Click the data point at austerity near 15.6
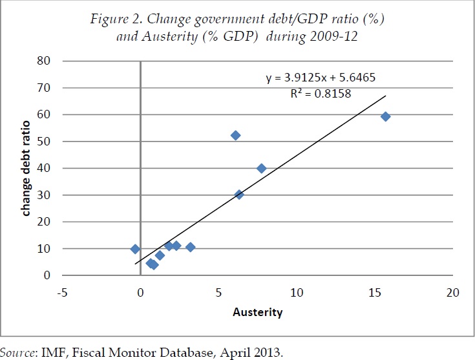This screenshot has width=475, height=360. [386, 116]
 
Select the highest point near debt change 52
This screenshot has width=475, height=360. [236, 135]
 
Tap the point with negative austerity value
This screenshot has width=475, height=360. [135, 249]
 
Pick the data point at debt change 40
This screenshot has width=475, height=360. [262, 168]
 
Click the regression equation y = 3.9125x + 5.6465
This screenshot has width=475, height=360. [321, 78]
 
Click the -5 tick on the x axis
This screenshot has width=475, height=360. [63, 292]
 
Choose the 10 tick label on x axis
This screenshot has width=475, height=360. [297, 292]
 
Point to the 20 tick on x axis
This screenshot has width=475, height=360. [452, 292]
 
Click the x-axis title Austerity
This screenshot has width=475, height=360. [258, 312]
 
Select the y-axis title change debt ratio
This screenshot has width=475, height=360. [26, 168]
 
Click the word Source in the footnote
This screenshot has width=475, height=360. [16, 352]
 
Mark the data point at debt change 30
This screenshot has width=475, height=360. [239, 195]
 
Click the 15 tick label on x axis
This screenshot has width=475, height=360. [375, 292]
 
